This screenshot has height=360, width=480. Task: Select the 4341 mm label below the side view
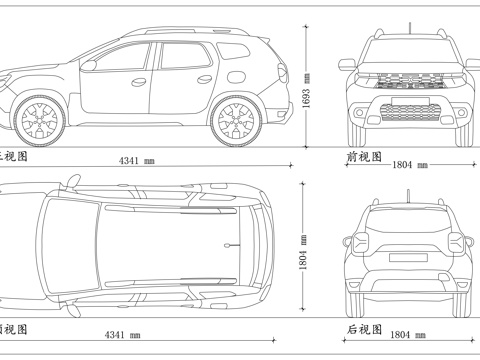(137, 160)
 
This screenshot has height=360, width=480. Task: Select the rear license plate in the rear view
(406, 259)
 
